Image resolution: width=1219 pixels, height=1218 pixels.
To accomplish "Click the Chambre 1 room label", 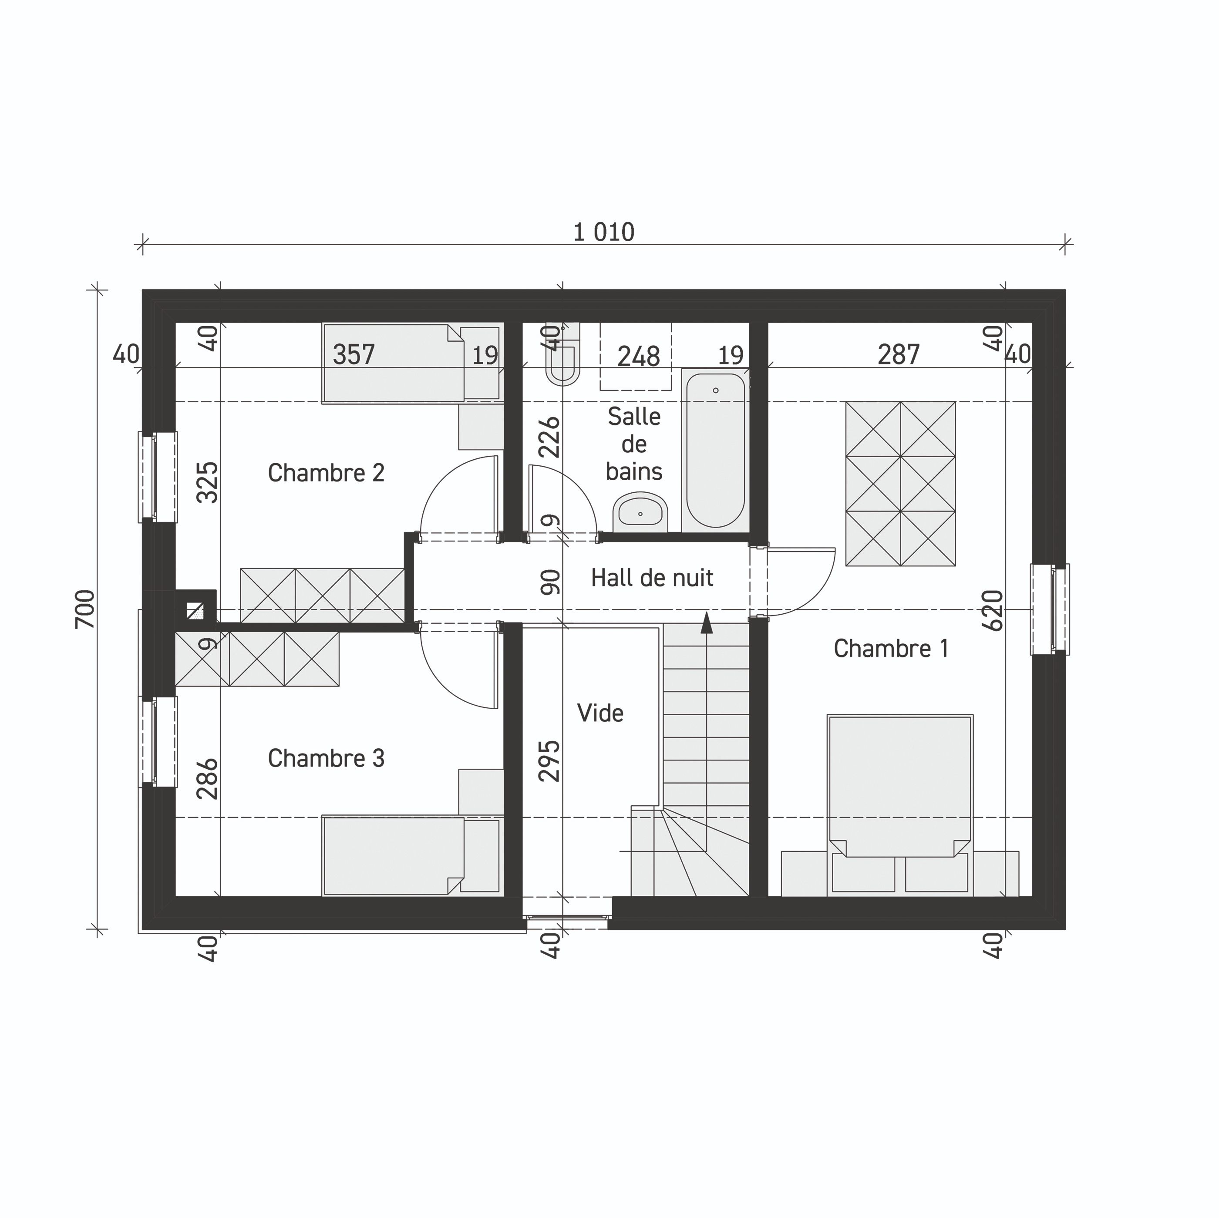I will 891,649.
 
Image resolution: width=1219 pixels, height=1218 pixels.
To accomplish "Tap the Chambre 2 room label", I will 326,472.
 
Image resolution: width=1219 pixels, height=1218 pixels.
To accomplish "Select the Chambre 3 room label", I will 326,757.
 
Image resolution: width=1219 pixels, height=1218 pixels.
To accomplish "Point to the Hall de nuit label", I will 652,577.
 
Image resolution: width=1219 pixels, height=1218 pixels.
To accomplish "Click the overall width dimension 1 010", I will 603,232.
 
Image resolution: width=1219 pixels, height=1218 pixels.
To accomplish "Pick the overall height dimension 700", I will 85,609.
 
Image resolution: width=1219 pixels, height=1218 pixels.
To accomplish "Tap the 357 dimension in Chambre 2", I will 354,354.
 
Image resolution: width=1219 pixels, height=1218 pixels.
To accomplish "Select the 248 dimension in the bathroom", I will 639,357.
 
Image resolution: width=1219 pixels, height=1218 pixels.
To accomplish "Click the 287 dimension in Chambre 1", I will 899,354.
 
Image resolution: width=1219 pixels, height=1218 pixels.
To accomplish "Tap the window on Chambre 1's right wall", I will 1049,609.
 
